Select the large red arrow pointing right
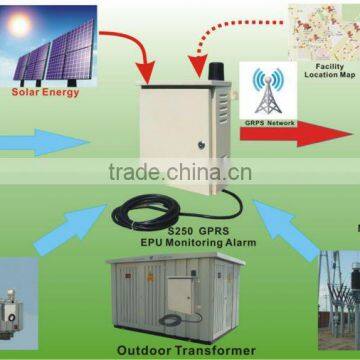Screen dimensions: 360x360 (x=310, y=128)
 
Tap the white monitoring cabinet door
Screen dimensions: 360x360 (x=186, y=130)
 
